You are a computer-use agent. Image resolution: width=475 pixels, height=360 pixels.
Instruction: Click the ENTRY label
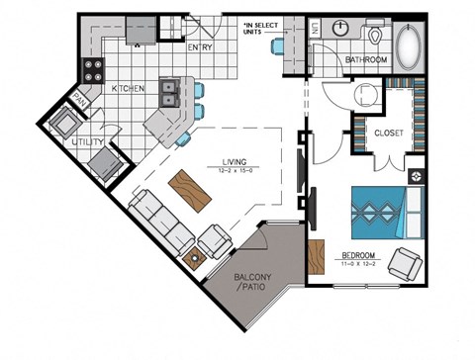tap(201, 47)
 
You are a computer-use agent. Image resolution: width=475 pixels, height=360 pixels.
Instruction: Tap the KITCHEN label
tap(129, 89)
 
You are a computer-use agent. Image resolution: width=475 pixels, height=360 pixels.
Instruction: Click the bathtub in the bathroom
tap(408, 45)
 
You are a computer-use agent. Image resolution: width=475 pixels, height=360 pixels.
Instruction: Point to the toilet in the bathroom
tap(375, 37)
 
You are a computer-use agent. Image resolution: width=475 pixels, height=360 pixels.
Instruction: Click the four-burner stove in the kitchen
tap(96, 70)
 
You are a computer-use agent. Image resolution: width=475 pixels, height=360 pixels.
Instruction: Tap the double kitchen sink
tap(168, 94)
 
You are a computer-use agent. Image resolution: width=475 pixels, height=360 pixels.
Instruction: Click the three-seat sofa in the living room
tap(160, 224)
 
